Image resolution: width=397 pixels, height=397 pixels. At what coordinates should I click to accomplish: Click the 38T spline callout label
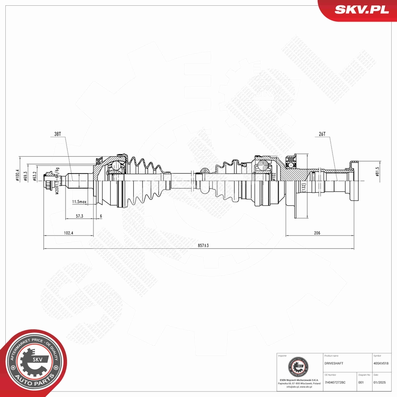coord(58,134)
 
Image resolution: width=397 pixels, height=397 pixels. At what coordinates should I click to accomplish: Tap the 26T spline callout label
coord(322,134)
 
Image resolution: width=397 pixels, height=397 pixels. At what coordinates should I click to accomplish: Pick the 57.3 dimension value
coord(79,216)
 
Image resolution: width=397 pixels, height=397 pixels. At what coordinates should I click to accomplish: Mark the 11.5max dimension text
coord(80,201)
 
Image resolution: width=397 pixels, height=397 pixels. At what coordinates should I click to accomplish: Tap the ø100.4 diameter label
coord(18,175)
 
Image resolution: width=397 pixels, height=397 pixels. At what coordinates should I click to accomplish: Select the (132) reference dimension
coord(303,186)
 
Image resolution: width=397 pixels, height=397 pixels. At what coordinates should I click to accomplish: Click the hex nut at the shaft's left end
coord(48,181)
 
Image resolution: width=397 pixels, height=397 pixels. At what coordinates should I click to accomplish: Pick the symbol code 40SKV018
coord(384,364)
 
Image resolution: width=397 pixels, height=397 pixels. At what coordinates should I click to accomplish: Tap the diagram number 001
coord(362,382)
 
